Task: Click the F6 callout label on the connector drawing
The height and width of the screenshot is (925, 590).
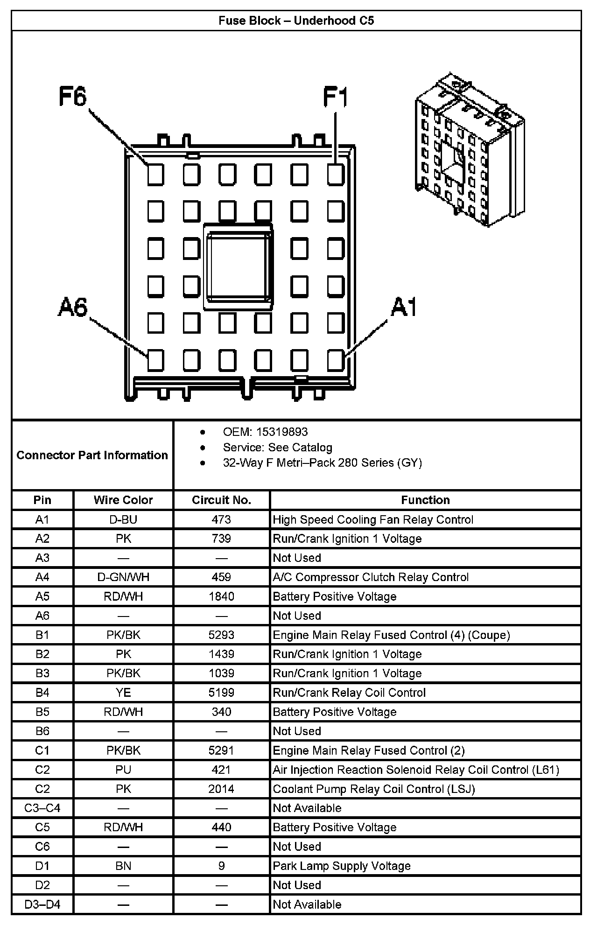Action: (x=73, y=97)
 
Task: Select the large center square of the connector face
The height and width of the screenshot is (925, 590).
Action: (x=238, y=266)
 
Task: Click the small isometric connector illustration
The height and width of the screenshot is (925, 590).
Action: (x=469, y=149)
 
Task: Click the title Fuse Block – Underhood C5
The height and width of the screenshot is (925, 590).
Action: (x=296, y=21)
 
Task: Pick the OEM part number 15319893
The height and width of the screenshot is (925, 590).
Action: (x=285, y=432)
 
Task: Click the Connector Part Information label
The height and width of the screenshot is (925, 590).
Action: (x=92, y=455)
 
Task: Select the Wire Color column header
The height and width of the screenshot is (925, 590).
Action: (x=123, y=500)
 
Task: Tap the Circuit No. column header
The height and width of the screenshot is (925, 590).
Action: (x=221, y=500)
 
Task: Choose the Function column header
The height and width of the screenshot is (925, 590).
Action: (x=425, y=500)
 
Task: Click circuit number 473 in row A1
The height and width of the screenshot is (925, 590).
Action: (x=221, y=519)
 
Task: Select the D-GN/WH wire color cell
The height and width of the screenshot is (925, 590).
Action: (x=123, y=577)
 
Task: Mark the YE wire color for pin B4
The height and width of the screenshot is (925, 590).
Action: (x=123, y=693)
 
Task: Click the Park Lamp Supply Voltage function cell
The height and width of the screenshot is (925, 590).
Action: (x=342, y=866)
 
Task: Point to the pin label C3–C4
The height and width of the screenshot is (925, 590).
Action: (x=42, y=808)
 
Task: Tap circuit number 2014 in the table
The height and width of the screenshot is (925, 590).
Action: (x=221, y=789)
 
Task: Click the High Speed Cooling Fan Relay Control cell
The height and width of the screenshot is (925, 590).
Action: (x=373, y=519)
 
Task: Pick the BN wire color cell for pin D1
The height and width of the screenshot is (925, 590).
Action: (x=123, y=866)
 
